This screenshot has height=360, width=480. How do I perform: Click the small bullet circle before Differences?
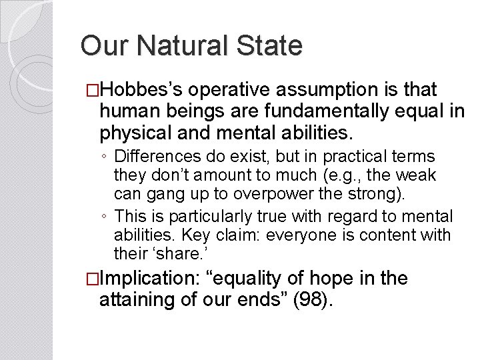click(105, 157)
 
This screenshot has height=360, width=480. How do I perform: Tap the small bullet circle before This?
click(105, 217)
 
